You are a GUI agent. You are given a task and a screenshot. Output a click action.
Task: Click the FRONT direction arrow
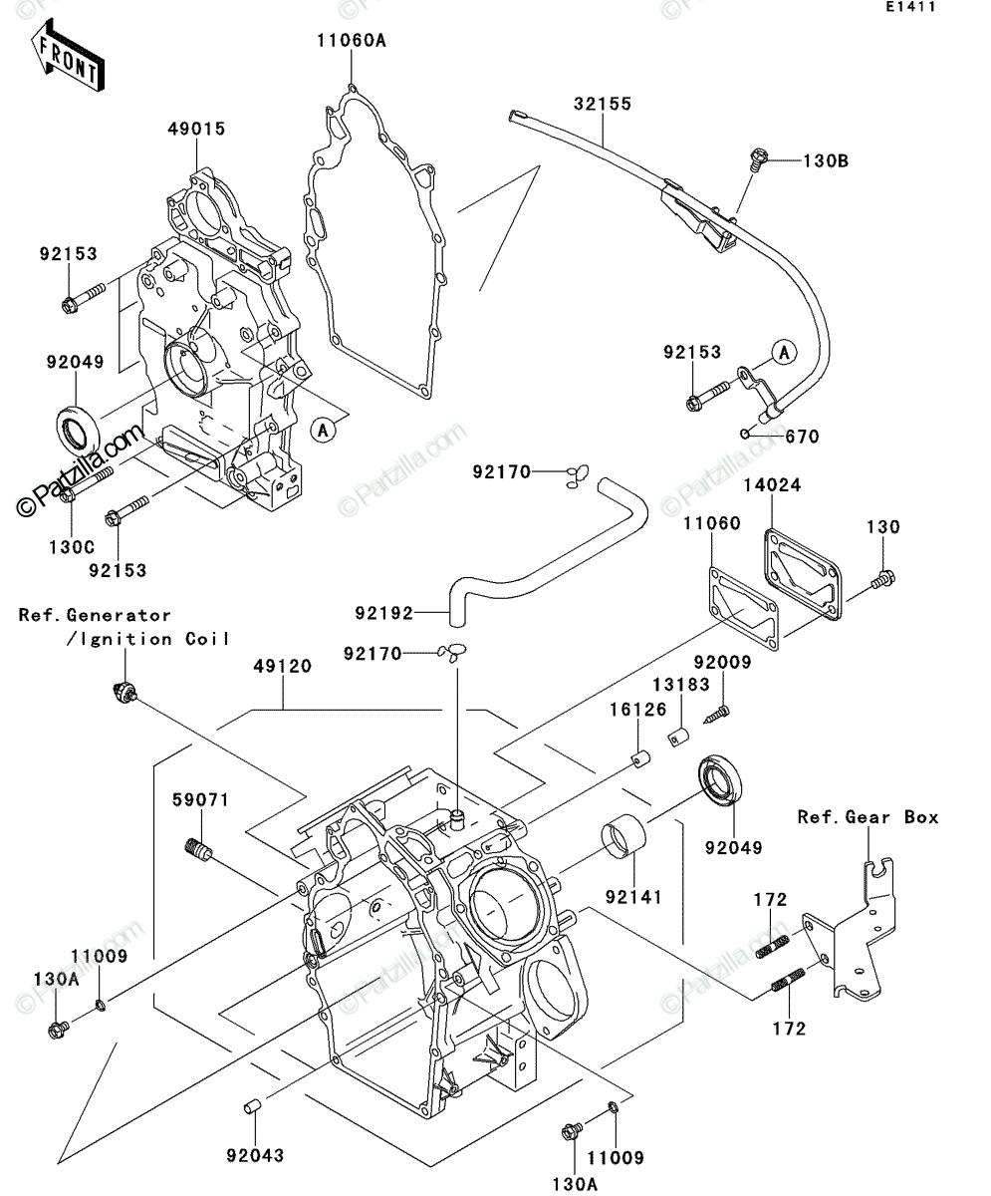[x=68, y=55]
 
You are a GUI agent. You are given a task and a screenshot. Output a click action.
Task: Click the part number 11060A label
[x=353, y=41]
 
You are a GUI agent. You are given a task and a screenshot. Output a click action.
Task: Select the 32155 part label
[x=603, y=104]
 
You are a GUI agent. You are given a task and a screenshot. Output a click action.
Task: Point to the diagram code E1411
[x=911, y=7]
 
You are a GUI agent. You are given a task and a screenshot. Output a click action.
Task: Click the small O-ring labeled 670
[x=744, y=433]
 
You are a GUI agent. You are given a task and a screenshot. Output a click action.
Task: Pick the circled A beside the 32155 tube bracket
[x=784, y=352]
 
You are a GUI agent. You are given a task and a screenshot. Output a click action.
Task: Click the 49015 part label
[x=196, y=129]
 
